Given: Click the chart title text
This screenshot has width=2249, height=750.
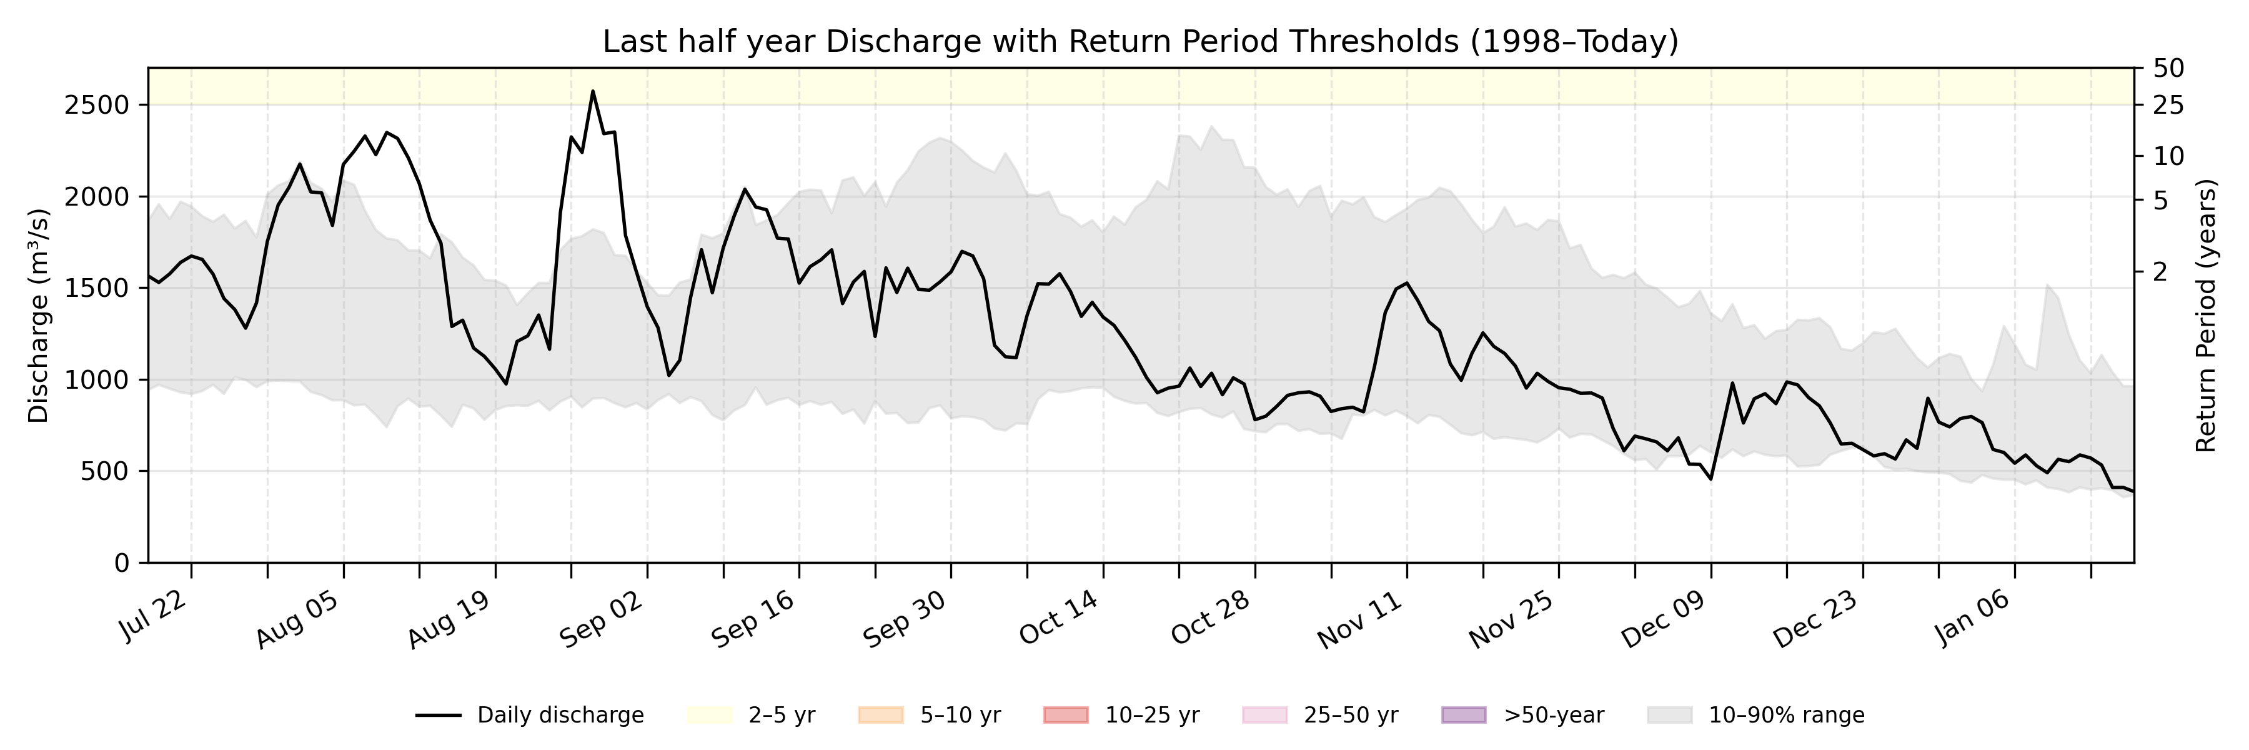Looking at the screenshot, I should pyautogui.click(x=1140, y=41).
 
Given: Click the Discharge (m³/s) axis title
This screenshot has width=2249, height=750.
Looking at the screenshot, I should pyautogui.click(x=38, y=316).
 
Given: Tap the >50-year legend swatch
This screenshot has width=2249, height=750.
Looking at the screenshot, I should pyautogui.click(x=1463, y=715).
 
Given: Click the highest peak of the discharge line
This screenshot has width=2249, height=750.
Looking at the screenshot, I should pyautogui.click(x=593, y=91).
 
